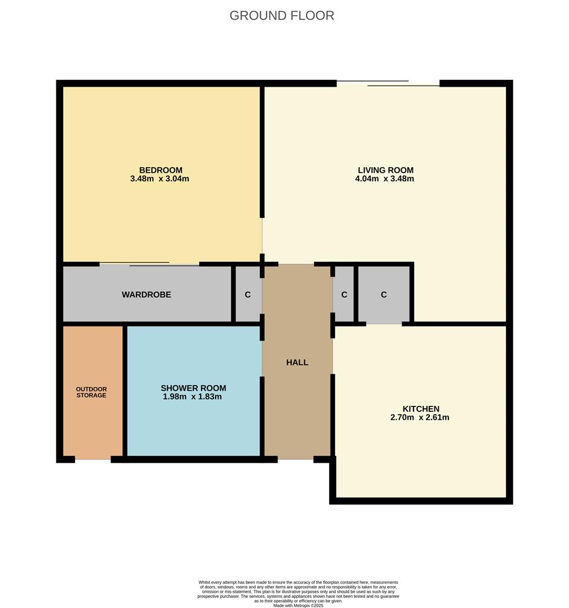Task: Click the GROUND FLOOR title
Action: [x=282, y=16]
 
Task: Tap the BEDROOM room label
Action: [x=161, y=170]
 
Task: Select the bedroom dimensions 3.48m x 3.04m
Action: [x=159, y=179]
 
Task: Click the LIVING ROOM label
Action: [x=385, y=170]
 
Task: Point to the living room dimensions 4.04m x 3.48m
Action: [x=385, y=179]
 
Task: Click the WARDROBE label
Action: [x=146, y=294]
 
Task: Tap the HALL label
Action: [x=297, y=363]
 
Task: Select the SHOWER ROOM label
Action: [x=193, y=388]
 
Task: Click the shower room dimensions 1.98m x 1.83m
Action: [x=192, y=397]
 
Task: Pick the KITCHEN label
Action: [x=421, y=409]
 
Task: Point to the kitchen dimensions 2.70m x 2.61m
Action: [x=420, y=418]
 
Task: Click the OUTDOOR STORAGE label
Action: [x=91, y=392]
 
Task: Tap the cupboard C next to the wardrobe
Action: [x=247, y=294]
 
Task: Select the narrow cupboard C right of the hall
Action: [x=344, y=294]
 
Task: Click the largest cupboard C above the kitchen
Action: [x=384, y=294]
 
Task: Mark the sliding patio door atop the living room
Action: [x=388, y=83]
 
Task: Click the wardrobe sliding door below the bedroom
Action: [x=149, y=263]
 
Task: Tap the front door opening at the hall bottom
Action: [x=295, y=459]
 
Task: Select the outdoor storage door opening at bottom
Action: [x=93, y=459]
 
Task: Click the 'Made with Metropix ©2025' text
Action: [x=298, y=605]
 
